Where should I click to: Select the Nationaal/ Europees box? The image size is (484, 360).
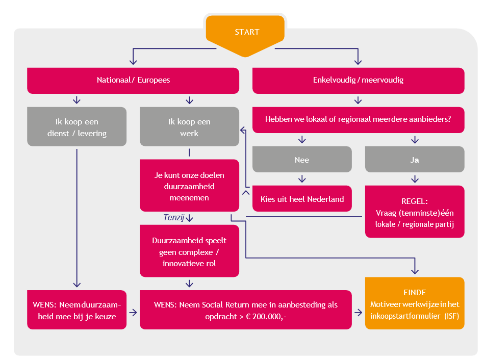click(x=133, y=81)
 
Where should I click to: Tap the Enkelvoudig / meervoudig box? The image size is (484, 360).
click(x=359, y=81)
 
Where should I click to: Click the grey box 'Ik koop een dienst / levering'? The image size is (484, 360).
click(x=77, y=126)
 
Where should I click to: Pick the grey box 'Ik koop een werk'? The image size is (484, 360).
click(x=189, y=126)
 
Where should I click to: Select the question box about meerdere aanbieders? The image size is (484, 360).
click(x=359, y=120)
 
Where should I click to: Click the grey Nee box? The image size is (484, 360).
click(x=302, y=159)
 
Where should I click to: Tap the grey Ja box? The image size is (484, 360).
click(x=415, y=159)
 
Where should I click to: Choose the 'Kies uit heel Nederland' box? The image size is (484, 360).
click(x=302, y=199)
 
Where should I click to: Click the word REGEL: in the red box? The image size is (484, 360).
click(x=415, y=200)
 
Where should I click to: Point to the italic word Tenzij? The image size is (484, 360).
click(x=173, y=218)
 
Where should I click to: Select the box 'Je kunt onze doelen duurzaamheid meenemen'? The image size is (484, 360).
click(x=189, y=186)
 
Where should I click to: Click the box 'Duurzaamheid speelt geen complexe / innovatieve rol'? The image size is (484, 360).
click(x=189, y=251)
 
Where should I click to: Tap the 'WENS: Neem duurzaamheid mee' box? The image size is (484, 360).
click(x=77, y=310)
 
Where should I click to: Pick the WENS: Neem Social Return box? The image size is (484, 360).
click(x=246, y=310)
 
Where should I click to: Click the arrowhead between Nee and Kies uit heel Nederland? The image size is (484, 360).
click(x=302, y=179)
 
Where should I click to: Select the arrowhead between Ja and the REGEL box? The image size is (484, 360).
click(x=415, y=179)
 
